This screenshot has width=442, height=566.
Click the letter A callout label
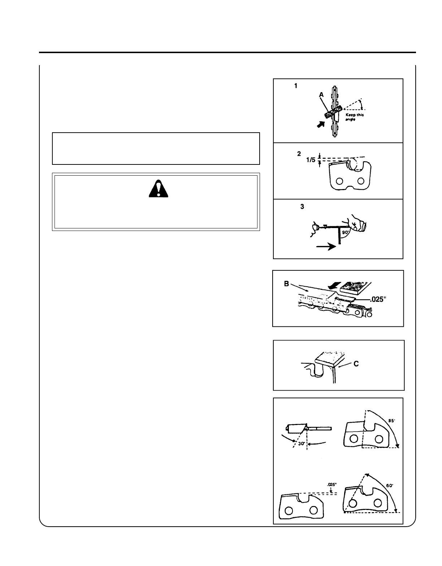click(x=321, y=94)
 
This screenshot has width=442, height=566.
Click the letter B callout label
click(x=286, y=284)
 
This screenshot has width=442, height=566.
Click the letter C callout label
click(x=356, y=363)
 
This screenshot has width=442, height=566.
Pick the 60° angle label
click(x=389, y=486)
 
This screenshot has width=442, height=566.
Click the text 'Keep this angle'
click(x=355, y=117)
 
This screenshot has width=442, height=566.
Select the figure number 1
click(x=296, y=86)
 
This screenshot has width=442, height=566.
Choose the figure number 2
click(x=299, y=154)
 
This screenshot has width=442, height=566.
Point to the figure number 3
click(x=302, y=207)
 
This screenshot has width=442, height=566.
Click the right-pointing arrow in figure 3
click(x=326, y=247)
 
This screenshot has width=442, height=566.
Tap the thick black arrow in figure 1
click(x=320, y=125)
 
